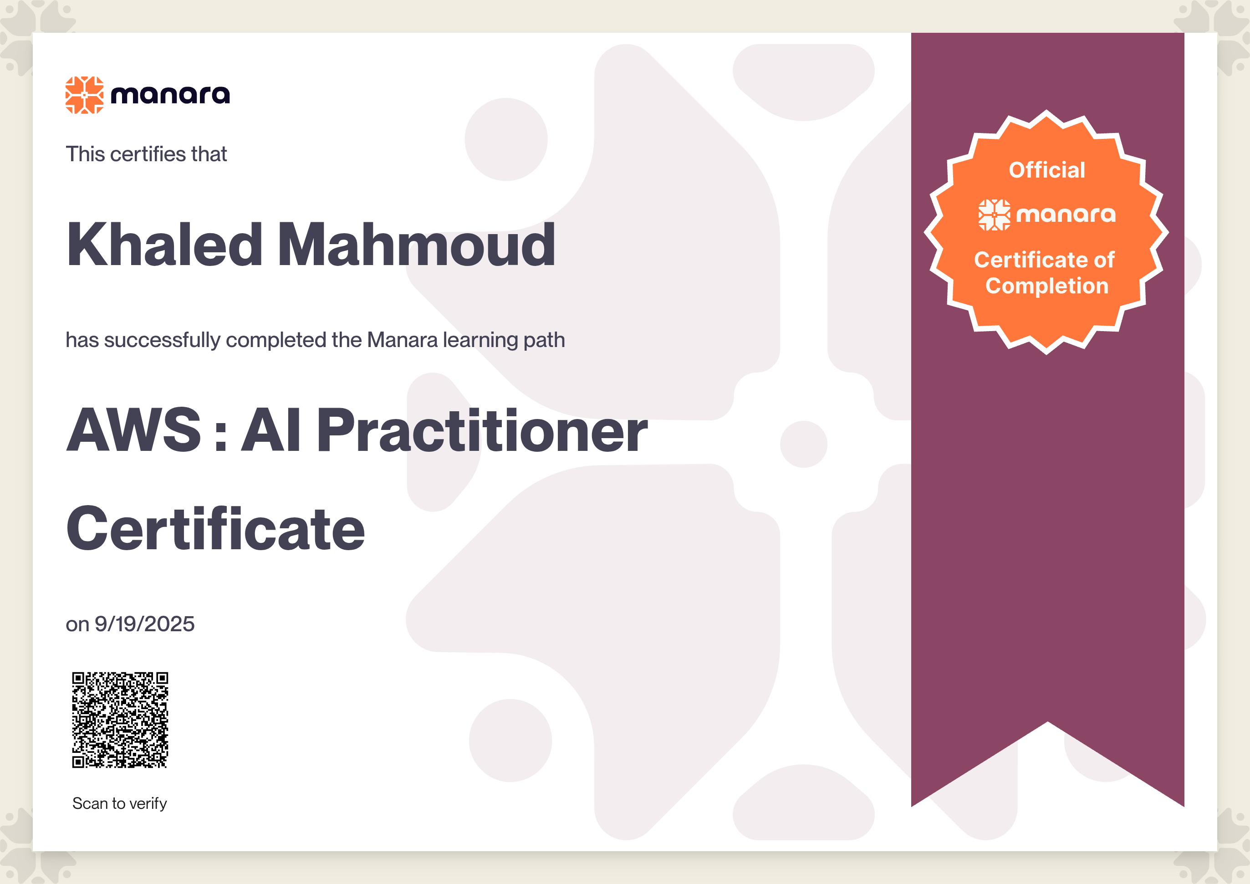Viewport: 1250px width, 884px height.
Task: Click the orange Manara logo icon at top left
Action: [x=84, y=95]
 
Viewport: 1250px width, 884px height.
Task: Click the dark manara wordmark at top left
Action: [x=170, y=95]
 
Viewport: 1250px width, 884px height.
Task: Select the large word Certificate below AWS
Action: [x=215, y=529]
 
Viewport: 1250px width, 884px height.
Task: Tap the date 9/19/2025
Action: [x=144, y=624]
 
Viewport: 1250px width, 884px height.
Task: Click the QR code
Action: [x=120, y=720]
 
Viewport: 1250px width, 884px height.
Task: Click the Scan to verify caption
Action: [x=120, y=803]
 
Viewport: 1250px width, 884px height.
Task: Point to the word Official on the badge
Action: [x=1047, y=170]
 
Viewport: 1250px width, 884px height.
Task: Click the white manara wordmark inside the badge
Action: [x=1066, y=215]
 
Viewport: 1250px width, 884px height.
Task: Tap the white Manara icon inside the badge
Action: [x=994, y=215]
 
